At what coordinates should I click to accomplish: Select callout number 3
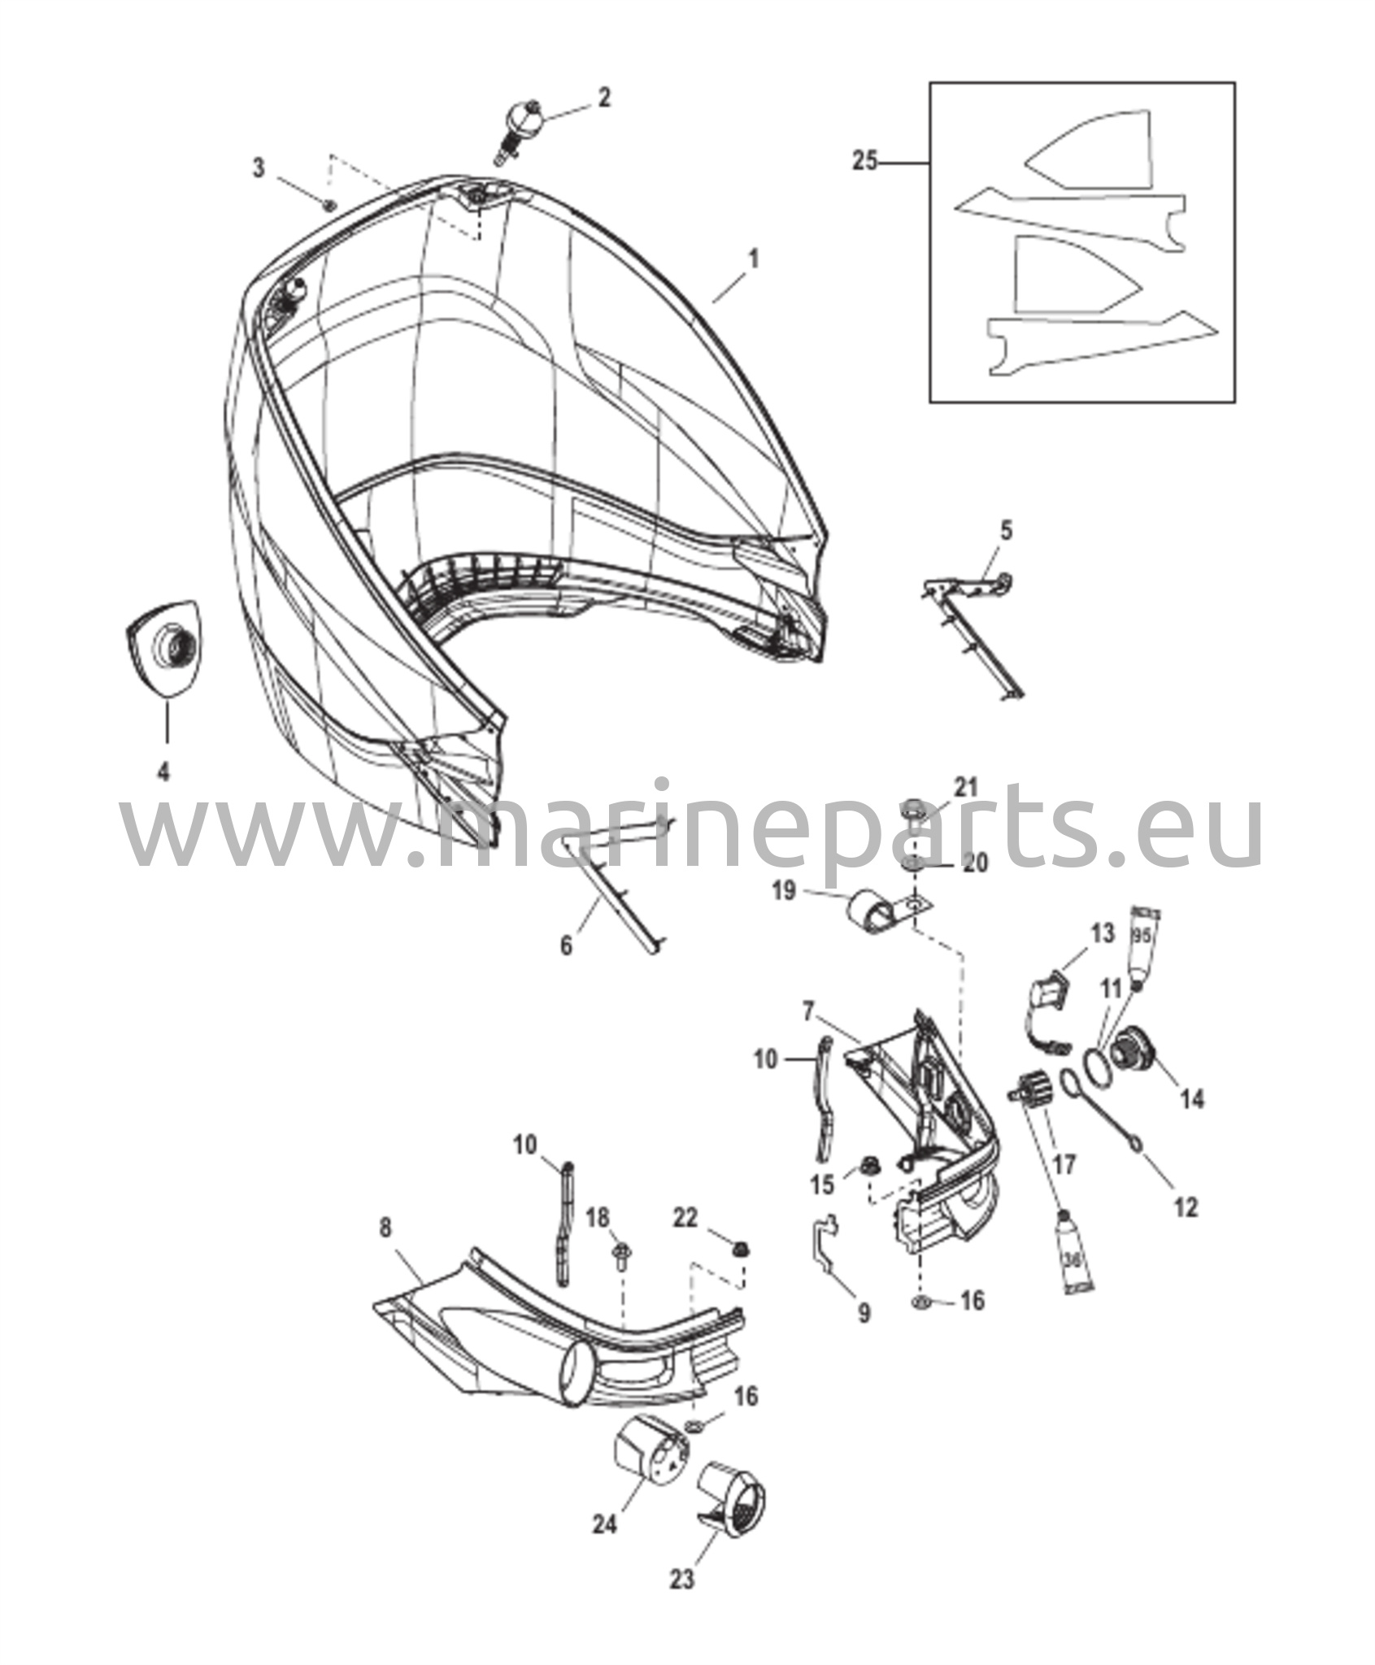point(259,169)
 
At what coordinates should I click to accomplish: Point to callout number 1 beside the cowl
point(753,261)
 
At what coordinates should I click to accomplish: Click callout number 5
point(1006,532)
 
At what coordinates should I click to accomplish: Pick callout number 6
point(566,945)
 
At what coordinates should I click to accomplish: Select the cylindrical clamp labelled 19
point(870,908)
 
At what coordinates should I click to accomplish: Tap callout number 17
point(1064,1165)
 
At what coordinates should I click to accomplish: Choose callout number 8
point(385,1229)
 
